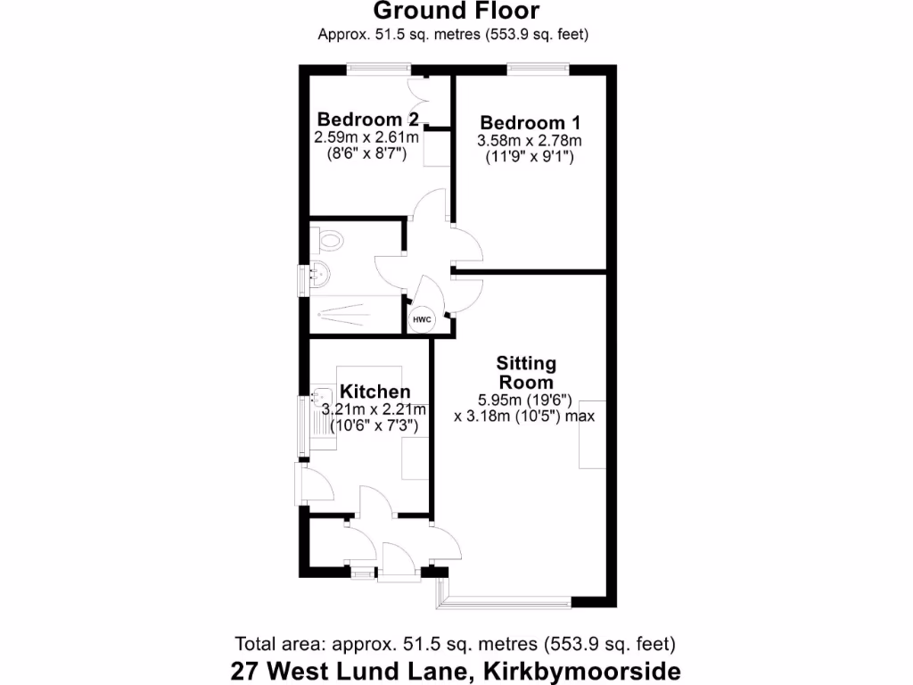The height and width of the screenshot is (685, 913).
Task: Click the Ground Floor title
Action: coord(456,12)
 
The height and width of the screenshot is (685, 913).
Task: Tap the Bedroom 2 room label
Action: coord(368,120)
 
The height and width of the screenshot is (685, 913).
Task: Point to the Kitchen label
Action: coord(376,392)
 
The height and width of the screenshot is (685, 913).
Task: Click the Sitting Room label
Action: coord(526,373)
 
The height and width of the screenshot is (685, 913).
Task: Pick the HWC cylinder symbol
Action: coord(422,319)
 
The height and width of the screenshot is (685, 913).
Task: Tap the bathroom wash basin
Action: coord(319,276)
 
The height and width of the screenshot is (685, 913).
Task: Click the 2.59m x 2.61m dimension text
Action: coord(366,138)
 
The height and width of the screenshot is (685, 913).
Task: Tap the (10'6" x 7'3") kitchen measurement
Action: coord(374,427)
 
